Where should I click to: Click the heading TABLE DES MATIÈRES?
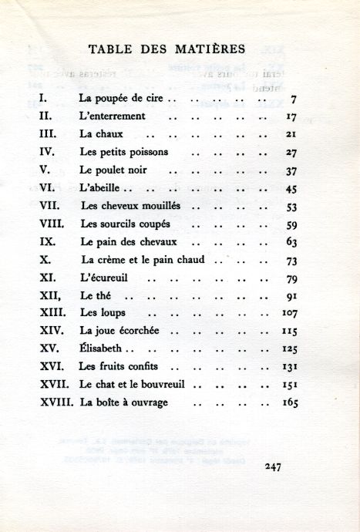[167, 49]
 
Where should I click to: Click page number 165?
[290, 402]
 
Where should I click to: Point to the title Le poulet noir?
[113, 170]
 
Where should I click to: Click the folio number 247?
[274, 466]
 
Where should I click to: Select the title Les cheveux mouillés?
[130, 206]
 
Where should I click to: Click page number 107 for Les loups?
[290, 313]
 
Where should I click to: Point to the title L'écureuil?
[107, 278]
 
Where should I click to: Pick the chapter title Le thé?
[97, 295]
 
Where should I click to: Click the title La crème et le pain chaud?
[143, 260]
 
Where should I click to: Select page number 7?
[294, 99]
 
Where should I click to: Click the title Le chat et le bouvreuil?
[133, 384]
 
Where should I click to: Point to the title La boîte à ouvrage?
[123, 402]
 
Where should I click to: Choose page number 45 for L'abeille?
[291, 188]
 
